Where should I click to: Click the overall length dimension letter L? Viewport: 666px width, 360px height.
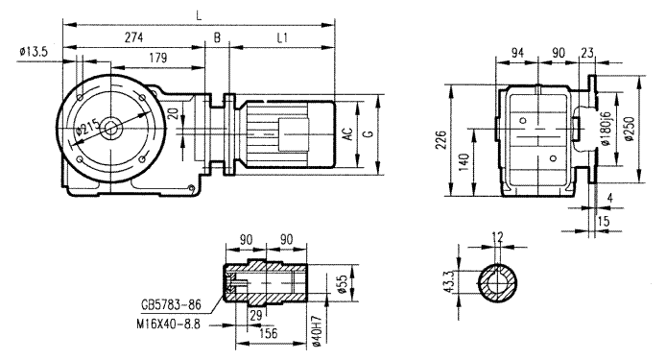coord(199,13)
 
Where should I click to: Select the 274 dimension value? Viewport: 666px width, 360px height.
coord(133,36)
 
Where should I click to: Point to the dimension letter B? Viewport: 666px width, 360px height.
coord(218,36)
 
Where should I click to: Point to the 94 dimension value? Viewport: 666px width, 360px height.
coord(519,54)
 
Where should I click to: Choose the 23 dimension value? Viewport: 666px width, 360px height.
coord(586,54)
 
